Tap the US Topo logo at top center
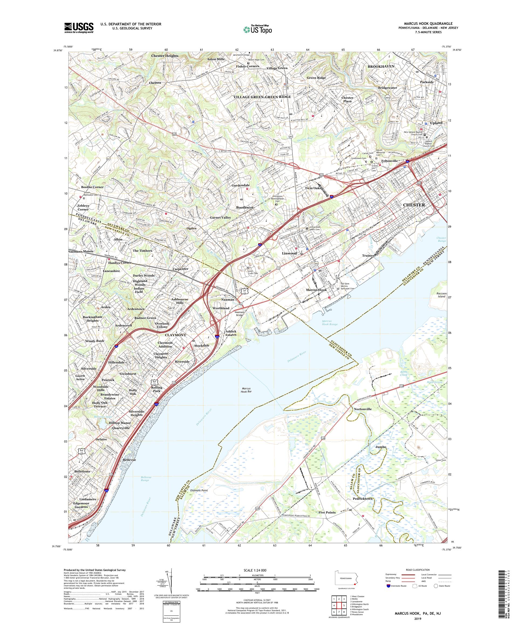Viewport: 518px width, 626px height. click(x=258, y=29)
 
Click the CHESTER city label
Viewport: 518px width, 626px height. click(x=414, y=205)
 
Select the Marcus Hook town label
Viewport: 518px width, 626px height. click(x=316, y=290)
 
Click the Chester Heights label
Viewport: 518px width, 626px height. click(x=165, y=56)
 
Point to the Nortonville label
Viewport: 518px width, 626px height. click(x=363, y=409)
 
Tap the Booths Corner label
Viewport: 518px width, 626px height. click(x=92, y=187)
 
